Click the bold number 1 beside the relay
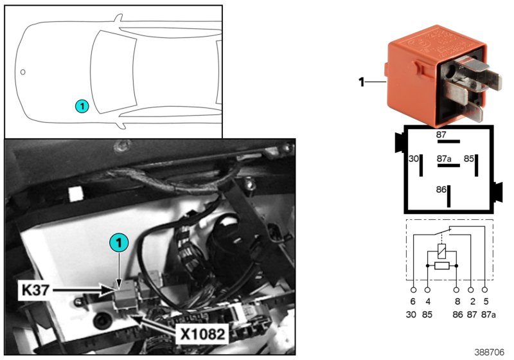pos(361,82)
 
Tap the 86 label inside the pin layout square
pos(440,190)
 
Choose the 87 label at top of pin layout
pos(441,134)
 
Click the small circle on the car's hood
pos(22,72)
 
